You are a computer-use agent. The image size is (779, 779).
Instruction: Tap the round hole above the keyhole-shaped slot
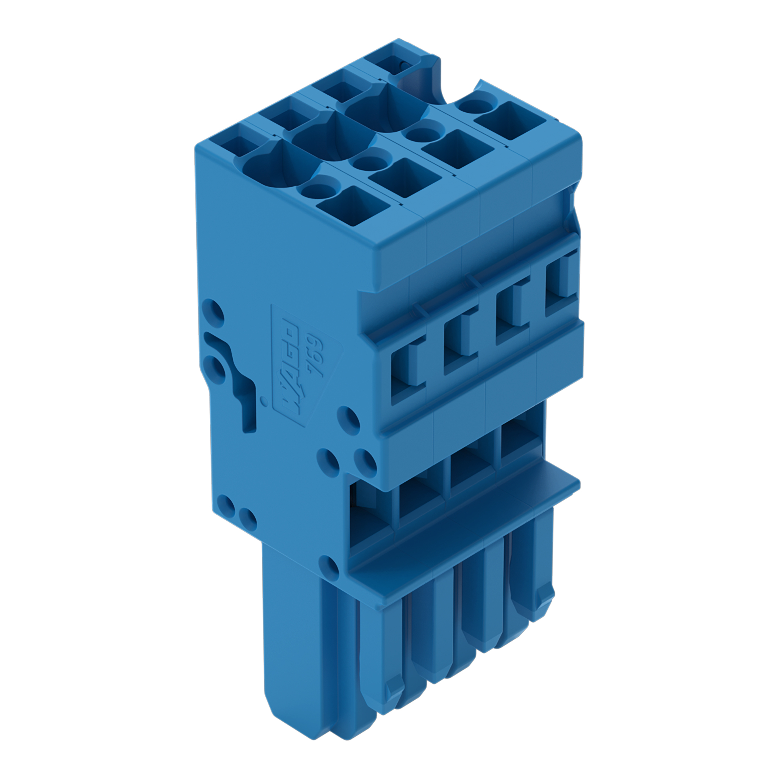[x=213, y=312]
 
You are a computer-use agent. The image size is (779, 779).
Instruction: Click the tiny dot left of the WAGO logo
[x=264, y=401]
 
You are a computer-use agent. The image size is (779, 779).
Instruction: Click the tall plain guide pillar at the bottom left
[x=288, y=645]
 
